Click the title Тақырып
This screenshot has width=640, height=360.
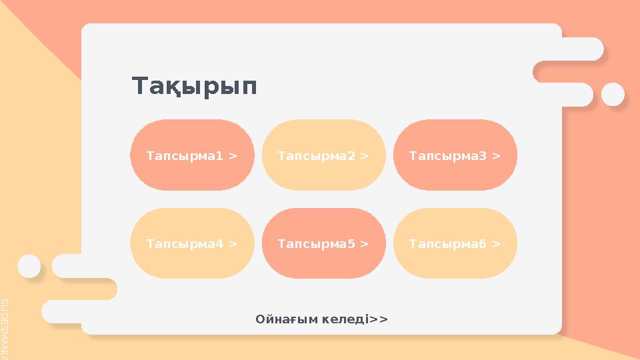[194, 87]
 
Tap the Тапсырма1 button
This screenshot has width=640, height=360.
[192, 155]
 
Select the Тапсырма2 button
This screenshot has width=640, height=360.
[323, 155]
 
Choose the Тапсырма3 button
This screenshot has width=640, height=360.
[455, 155]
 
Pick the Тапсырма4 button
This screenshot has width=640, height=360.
[192, 244]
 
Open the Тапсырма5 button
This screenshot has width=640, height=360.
[323, 244]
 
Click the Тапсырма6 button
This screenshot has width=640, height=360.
[455, 244]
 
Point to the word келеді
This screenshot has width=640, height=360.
[344, 319]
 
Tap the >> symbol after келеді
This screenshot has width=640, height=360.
[379, 319]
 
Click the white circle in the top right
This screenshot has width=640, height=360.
[612, 94]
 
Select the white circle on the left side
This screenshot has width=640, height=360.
[29, 265]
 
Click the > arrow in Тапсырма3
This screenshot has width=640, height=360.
[496, 155]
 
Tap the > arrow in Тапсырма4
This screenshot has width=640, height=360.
[233, 244]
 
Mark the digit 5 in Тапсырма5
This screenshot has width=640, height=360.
[351, 244]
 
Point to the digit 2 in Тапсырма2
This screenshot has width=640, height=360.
[351, 155]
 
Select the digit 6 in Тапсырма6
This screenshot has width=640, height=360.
[483, 244]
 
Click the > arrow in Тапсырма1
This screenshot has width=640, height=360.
[233, 155]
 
